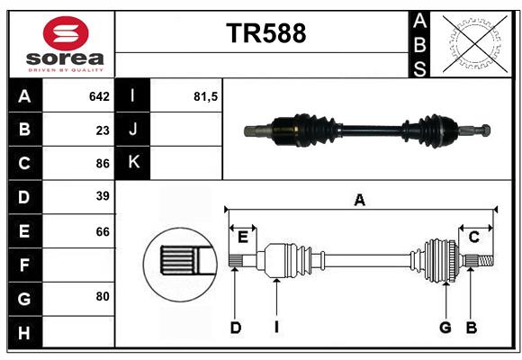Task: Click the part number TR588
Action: click(265, 33)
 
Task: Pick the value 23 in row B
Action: click(103, 130)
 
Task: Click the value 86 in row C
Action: click(103, 164)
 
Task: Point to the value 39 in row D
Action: click(103, 196)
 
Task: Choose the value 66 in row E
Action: click(103, 231)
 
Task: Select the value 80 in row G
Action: click(103, 295)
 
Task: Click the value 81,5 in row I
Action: click(206, 96)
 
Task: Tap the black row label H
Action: click(24, 333)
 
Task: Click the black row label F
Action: click(24, 266)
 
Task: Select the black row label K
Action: click(133, 163)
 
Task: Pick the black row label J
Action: click(133, 130)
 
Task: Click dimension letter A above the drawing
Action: click(359, 200)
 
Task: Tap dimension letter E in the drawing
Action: click(242, 237)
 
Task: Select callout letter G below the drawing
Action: click(445, 328)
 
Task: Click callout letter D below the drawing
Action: click(235, 328)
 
